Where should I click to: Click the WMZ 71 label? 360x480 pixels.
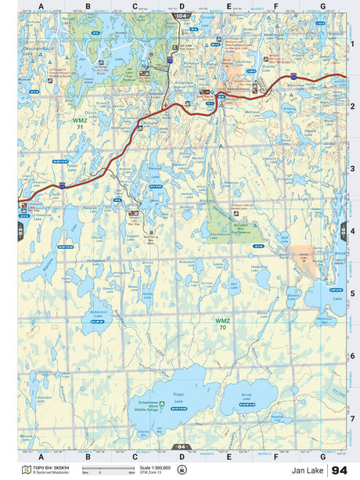tap(80, 124)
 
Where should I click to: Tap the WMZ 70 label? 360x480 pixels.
tap(224, 323)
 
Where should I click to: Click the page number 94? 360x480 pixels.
tap(339, 470)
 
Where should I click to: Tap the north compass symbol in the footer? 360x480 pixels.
tap(182, 470)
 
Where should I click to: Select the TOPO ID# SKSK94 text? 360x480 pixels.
tap(49, 467)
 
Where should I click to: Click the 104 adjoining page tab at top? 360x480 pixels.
tap(182, 16)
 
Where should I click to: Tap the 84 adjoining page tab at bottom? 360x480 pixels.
tap(182, 446)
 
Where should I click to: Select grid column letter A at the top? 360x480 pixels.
tap(41, 6)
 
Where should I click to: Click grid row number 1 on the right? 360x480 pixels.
tap(352, 44)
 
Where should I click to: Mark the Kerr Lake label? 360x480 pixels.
tap(233, 288)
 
